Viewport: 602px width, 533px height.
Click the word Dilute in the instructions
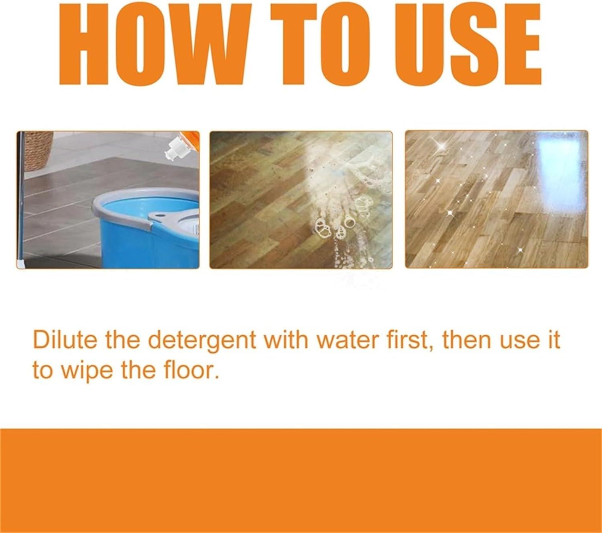[65, 340]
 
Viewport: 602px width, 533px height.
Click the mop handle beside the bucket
[20, 200]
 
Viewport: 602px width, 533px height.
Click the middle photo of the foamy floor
[301, 200]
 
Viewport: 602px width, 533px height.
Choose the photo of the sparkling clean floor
[496, 200]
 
